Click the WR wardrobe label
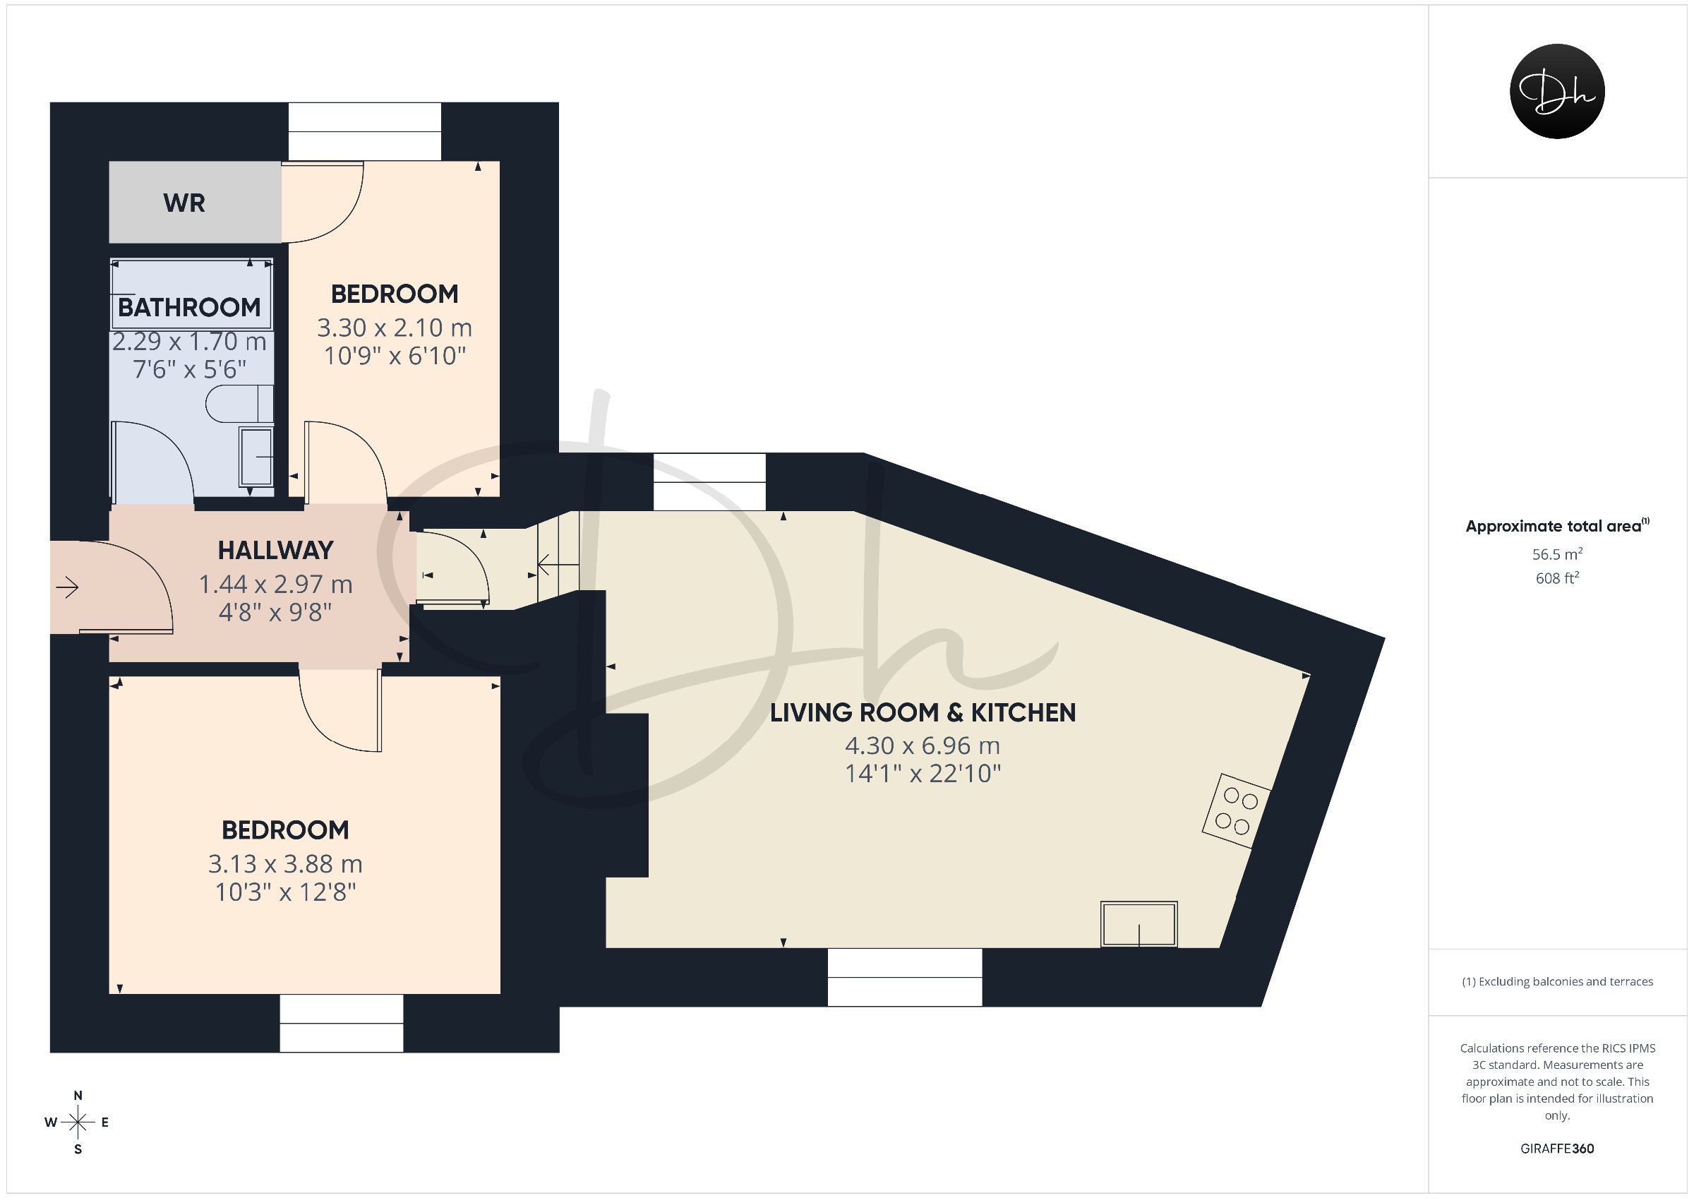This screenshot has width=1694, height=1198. click(184, 203)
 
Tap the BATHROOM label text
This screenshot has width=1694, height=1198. click(189, 307)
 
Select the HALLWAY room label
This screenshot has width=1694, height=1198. click(276, 550)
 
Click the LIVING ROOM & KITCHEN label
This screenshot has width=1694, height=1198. click(923, 712)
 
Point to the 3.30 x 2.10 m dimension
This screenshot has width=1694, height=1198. click(395, 327)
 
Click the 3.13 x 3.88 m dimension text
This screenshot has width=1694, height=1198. click(286, 863)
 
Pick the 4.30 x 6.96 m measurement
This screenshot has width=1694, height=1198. click(923, 745)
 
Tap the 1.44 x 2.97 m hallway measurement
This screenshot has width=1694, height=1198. click(276, 584)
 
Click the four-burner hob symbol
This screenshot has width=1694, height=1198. click(1237, 810)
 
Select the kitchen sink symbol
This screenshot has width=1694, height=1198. click(1139, 923)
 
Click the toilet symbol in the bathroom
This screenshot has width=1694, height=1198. click(240, 404)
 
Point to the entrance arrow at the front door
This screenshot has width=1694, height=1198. click(67, 587)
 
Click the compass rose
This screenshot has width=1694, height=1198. click(78, 1122)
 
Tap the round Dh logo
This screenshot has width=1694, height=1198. click(1557, 91)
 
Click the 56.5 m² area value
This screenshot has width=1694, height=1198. click(1557, 554)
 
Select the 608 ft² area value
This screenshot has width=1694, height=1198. click(1557, 578)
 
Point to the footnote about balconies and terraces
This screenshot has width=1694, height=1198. click(1557, 982)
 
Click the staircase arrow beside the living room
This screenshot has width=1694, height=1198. click(558, 565)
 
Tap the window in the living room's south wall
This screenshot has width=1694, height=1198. click(905, 977)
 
